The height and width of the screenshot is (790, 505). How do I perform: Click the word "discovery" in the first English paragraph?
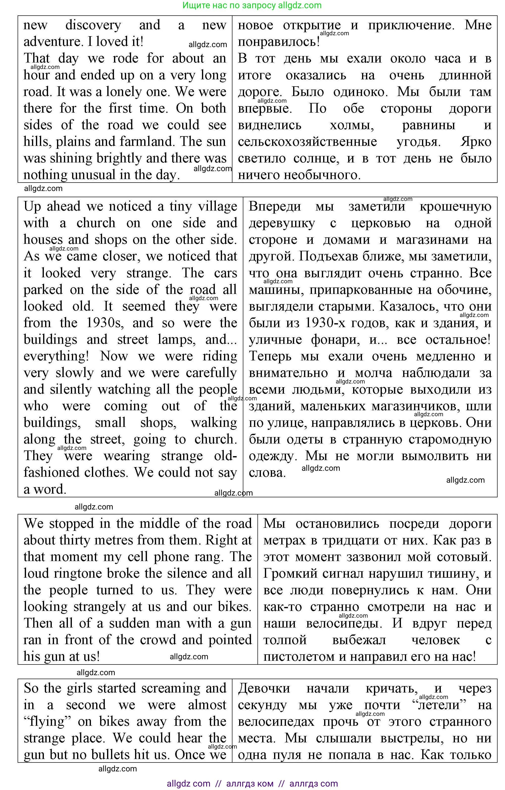93,25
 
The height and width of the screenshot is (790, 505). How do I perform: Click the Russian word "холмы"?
352,125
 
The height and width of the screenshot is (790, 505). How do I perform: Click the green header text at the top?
252,5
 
